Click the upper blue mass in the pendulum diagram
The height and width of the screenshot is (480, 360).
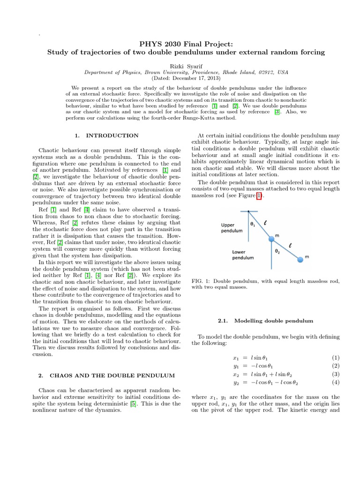click(271, 240)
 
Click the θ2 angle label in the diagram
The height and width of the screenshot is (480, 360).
click(277, 251)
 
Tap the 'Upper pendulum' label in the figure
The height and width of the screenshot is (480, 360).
click(232, 228)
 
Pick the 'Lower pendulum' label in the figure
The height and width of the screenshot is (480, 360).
click(243, 255)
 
